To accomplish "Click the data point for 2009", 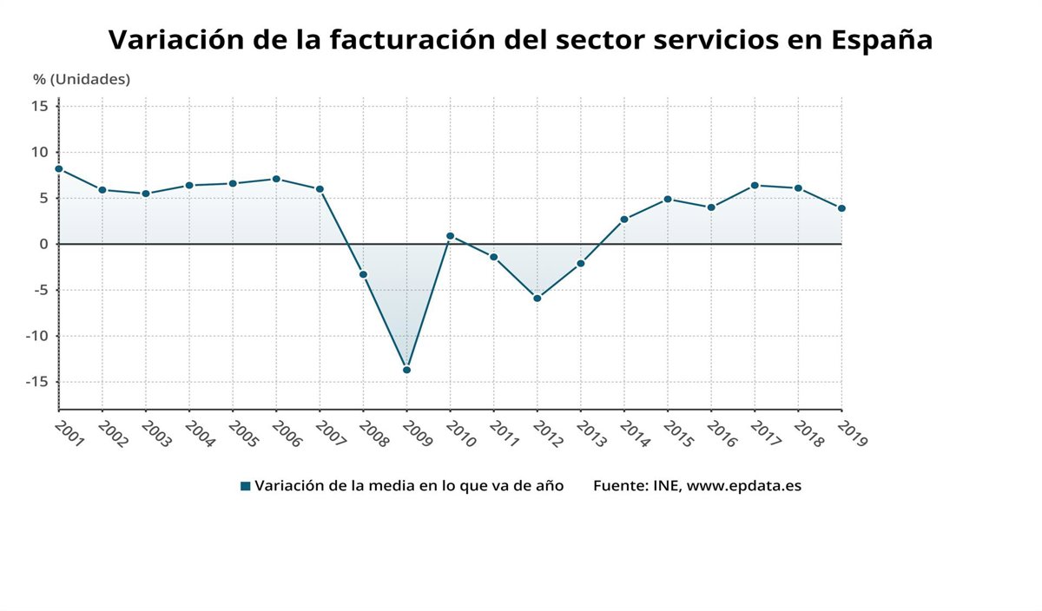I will coord(406,370).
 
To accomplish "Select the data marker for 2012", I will coord(537,299).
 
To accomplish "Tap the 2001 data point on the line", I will coord(58,169).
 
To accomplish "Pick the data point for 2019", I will coord(841,208).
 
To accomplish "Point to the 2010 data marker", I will coord(450,236).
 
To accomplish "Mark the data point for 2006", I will coord(276,179).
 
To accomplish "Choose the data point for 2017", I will coord(755,185).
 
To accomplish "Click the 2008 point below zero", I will coord(363,274).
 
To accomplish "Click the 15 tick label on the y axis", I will coord(40,106).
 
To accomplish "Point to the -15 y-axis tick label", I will coord(37,382).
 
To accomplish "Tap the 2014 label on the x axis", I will coord(635,432).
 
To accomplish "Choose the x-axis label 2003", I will coord(157,432).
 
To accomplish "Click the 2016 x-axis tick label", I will coord(722,432).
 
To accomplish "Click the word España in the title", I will coord(881,40).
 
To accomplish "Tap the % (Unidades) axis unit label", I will coord(82,79).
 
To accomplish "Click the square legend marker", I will coord(246,486).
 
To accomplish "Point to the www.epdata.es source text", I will coord(744,486).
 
